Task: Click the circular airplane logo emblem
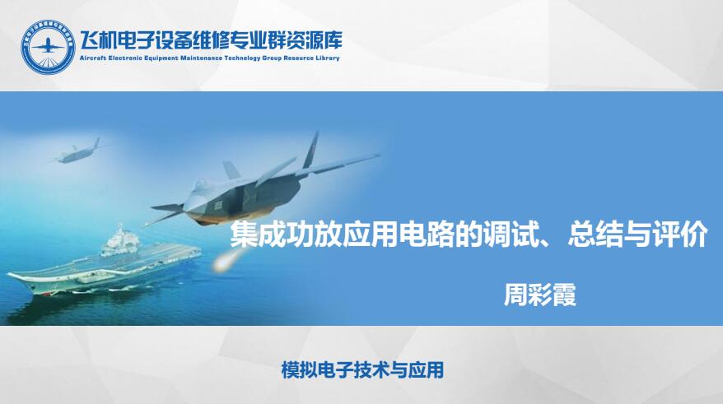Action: tap(48, 47)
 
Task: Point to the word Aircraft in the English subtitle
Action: tap(92, 58)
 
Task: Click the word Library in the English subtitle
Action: tap(328, 58)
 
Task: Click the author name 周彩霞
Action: tap(540, 295)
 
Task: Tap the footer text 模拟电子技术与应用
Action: tap(362, 370)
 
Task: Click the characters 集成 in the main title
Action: tap(257, 235)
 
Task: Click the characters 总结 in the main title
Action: tap(595, 235)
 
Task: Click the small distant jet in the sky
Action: tap(76, 152)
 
